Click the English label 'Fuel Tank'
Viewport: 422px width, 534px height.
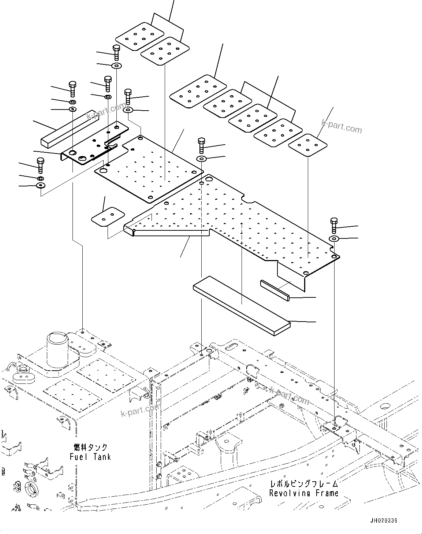point(90,457)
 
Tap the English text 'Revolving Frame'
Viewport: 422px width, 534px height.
point(303,493)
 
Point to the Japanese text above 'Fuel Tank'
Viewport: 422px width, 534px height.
point(90,448)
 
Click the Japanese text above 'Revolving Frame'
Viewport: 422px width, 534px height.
point(303,484)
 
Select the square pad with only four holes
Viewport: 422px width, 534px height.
point(308,145)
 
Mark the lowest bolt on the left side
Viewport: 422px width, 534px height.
point(40,165)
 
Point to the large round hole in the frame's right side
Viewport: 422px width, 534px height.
point(385,406)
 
